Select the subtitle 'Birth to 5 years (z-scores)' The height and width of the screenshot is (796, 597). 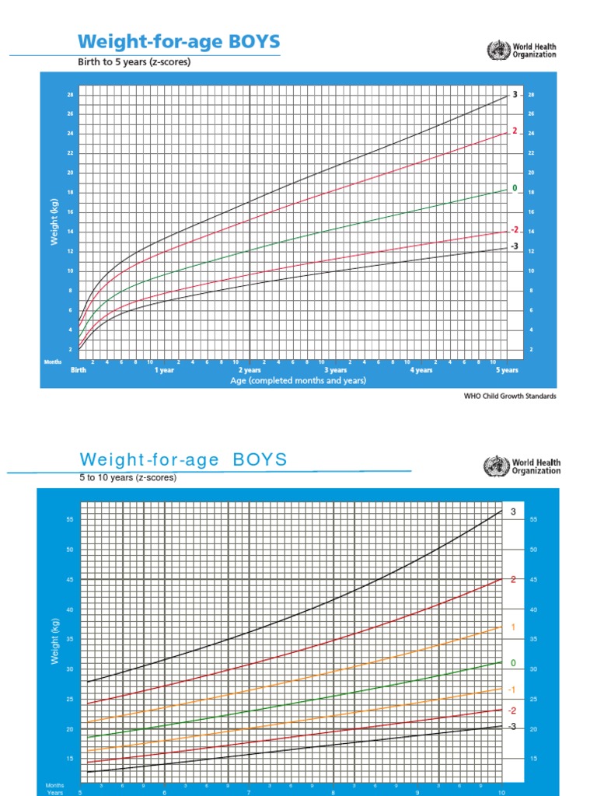tap(133, 62)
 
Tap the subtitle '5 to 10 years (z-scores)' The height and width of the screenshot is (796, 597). tap(128, 478)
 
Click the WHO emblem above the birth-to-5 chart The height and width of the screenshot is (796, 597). tap(496, 51)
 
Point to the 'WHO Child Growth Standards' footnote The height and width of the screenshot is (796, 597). tap(510, 396)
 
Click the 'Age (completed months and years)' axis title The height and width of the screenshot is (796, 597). tap(298, 381)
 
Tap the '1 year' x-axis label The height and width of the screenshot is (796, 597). tap(164, 371)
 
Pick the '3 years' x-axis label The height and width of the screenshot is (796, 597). tap(335, 371)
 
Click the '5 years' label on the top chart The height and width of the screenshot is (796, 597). tap(508, 371)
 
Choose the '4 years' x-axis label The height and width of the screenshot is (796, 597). tap(421, 371)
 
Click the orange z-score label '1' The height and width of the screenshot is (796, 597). tap(513, 627)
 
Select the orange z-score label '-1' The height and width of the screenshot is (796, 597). tap(512, 690)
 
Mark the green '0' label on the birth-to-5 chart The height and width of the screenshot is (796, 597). tap(514, 188)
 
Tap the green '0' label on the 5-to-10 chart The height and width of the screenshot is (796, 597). tap(513, 662)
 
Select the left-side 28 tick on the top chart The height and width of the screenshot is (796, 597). tap(69, 95)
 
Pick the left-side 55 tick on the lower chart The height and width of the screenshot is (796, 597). tap(69, 519)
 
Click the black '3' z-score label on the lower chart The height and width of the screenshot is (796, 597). tap(513, 512)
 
